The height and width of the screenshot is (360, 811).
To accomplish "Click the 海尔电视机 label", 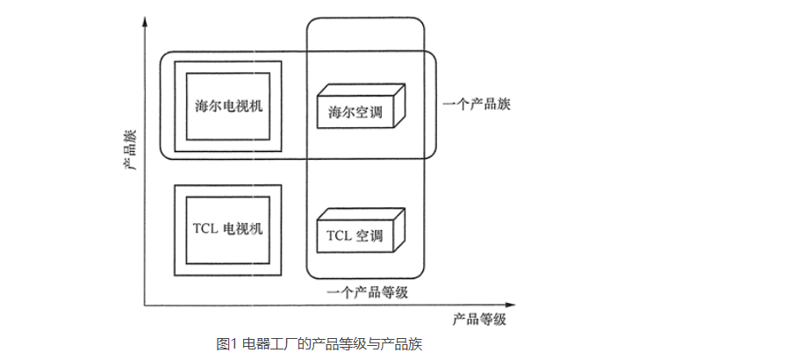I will [x=228, y=104].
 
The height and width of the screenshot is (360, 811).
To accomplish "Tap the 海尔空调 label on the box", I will [x=355, y=113].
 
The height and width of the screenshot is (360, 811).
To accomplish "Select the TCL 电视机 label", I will [x=227, y=228].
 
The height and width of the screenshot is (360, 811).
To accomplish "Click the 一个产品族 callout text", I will [x=478, y=104].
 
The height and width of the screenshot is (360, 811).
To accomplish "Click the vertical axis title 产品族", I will [x=130, y=150].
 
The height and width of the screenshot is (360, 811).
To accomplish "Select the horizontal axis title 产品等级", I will [x=479, y=319].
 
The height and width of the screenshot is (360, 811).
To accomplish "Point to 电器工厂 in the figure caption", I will [x=265, y=343].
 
